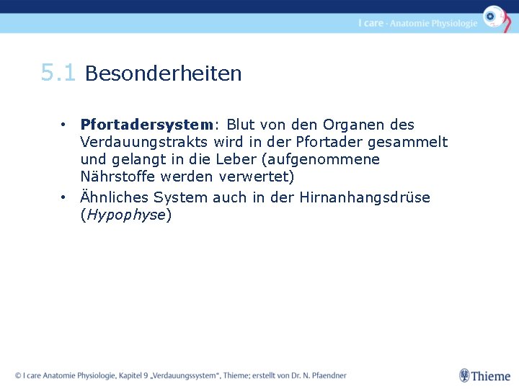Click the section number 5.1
58,73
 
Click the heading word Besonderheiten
164,73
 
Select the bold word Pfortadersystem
147,125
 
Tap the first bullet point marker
64,125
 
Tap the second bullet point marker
64,197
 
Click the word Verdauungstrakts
145,142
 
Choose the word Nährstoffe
115,176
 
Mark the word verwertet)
257,176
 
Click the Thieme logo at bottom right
485,375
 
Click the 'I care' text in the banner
371,23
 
